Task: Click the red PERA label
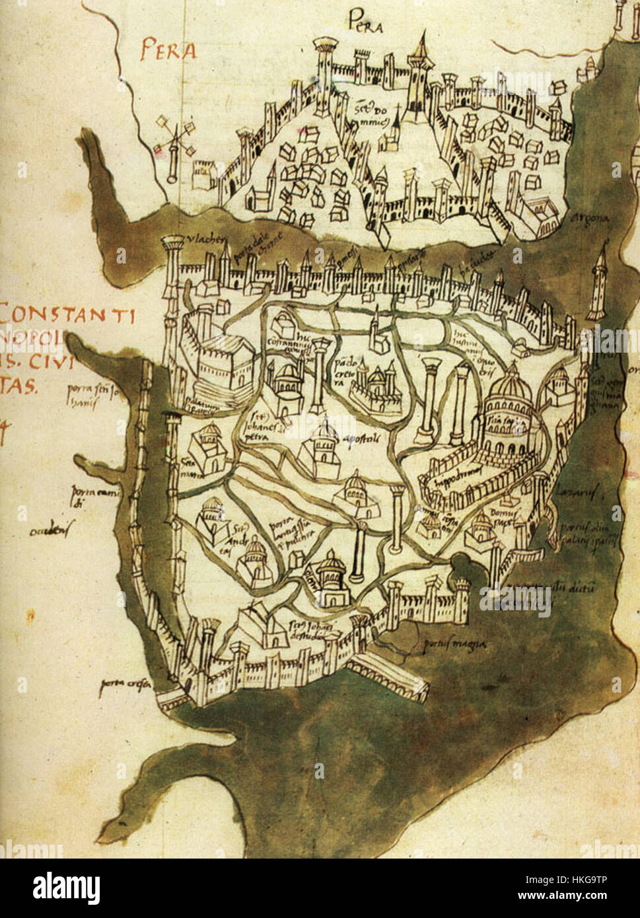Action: tap(168, 51)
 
